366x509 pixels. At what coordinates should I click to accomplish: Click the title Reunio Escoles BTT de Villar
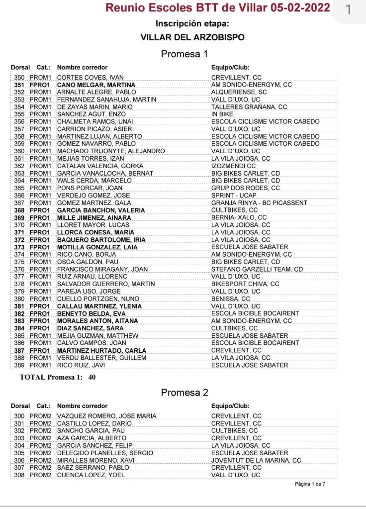tap(218, 8)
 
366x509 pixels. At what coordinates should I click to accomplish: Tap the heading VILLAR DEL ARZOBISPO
tap(192, 37)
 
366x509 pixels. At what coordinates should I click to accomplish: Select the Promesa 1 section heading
tap(184, 54)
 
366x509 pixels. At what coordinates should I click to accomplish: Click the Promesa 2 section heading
tap(184, 393)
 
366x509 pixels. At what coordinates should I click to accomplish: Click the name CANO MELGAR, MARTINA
tap(96, 85)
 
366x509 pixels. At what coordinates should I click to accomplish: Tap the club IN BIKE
tap(222, 114)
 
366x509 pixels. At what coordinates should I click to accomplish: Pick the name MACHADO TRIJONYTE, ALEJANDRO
tap(111, 151)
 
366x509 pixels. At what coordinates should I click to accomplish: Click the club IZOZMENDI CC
tap(234, 166)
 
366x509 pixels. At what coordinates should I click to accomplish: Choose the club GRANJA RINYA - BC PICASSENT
tap(259, 203)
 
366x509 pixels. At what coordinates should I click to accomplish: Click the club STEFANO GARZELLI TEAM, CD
tap(257, 269)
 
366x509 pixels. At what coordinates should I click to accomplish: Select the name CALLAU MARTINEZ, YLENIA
tap(99, 306)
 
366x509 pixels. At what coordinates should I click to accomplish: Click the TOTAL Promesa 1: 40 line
tap(58, 377)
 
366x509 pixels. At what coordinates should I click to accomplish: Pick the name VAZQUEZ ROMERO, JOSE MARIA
tap(107, 416)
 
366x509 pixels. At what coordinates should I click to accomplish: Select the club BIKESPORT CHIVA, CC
tap(245, 284)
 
